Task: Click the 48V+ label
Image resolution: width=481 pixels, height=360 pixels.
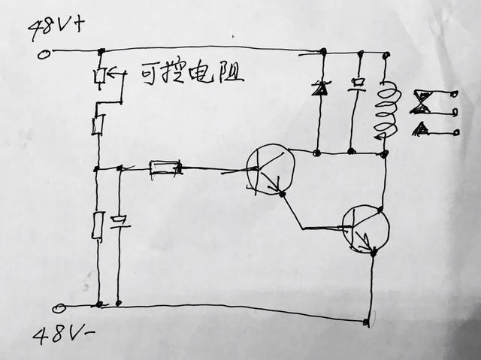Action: (x=55, y=29)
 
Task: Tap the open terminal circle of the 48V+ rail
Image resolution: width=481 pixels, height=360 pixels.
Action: (x=44, y=54)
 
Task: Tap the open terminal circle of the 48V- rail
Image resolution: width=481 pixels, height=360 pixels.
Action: (x=58, y=308)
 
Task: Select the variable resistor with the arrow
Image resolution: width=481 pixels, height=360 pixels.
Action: (x=100, y=76)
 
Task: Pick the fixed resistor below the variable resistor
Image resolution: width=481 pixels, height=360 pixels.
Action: (x=98, y=124)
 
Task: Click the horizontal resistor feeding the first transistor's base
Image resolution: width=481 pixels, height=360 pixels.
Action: (x=165, y=168)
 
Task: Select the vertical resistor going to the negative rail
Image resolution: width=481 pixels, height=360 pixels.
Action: (x=98, y=225)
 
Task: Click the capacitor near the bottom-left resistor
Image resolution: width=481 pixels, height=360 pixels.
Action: (x=120, y=223)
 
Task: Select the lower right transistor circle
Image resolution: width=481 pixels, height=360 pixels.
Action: (x=366, y=229)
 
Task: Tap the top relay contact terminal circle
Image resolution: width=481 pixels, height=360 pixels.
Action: (x=456, y=94)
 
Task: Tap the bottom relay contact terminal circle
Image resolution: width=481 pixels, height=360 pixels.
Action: (x=456, y=132)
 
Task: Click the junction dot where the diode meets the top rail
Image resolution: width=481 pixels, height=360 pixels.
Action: (x=323, y=51)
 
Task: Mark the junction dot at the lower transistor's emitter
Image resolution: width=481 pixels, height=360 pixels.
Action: (x=374, y=253)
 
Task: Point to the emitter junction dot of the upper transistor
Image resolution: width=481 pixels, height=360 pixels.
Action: (x=283, y=194)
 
